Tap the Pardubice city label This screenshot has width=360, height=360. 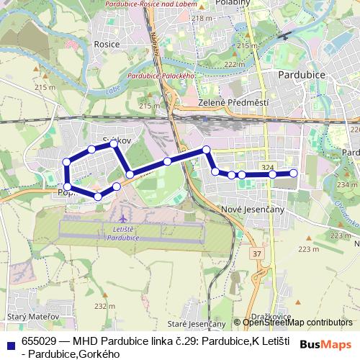[x=302, y=75]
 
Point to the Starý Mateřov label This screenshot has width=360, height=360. [x=27, y=316]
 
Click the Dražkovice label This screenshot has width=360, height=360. [x=270, y=316]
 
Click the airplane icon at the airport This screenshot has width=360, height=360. [x=124, y=216]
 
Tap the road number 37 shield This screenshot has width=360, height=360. [x=257, y=254]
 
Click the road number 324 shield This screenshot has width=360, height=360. [x=268, y=168]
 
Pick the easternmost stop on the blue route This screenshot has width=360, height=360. [x=293, y=173]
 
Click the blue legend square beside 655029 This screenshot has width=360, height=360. [x=10, y=343]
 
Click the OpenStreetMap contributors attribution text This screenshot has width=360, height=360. [x=297, y=323]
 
